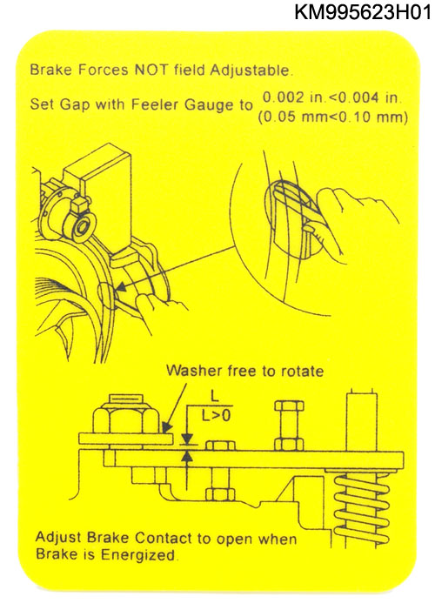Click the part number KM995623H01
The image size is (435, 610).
(363, 11)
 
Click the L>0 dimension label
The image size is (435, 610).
(217, 416)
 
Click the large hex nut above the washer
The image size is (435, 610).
(125, 419)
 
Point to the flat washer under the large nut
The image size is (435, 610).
(125, 439)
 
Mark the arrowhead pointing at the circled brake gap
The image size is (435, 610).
(121, 288)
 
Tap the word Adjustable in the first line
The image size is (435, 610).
(250, 70)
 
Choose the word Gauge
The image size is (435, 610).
(207, 105)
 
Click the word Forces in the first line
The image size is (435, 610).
(104, 70)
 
